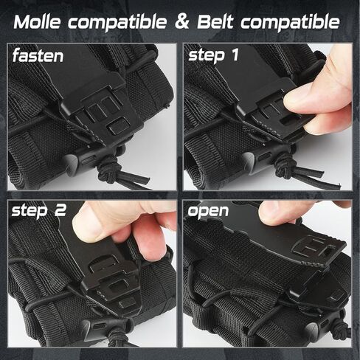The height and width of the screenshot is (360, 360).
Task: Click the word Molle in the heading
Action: coord(43,21)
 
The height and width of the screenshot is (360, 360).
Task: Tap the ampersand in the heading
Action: coord(184,21)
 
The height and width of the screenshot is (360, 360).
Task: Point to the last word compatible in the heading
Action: coord(295,23)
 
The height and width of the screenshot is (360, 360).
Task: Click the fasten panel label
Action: coord(38,56)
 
